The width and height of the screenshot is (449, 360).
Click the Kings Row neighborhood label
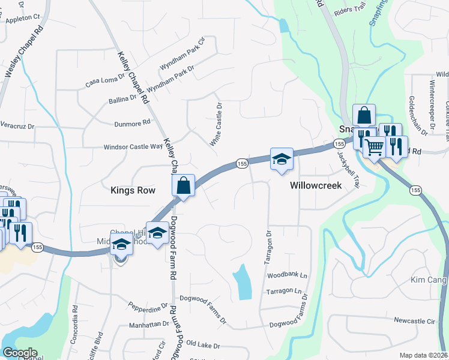pos(133,190)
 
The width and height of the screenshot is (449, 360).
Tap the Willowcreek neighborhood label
pos(316,185)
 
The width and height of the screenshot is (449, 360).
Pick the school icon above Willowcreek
pos(281,159)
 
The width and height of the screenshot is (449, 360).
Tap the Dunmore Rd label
pos(132,123)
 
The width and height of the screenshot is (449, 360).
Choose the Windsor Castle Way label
pos(133,146)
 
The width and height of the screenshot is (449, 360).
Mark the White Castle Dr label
pos(216,124)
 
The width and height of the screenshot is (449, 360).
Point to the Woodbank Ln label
pos(287,275)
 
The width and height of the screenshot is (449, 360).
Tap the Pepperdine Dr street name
pos(148,308)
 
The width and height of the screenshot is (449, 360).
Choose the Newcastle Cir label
pos(414,321)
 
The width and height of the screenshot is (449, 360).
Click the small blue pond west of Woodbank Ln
pos(243,281)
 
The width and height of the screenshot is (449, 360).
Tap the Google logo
pos(20,353)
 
